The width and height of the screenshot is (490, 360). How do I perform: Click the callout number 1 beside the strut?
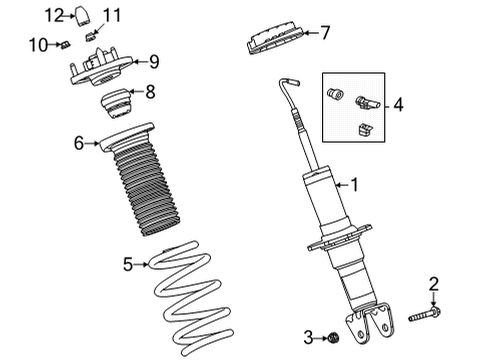click(x=354, y=184)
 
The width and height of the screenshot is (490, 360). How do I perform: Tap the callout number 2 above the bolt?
click(x=434, y=285)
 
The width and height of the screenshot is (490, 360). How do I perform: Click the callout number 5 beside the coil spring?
click(x=128, y=264)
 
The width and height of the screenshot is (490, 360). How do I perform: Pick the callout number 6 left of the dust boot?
click(x=79, y=144)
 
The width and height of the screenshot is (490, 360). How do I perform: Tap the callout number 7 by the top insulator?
click(x=324, y=33)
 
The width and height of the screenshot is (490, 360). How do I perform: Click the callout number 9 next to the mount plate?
click(x=153, y=62)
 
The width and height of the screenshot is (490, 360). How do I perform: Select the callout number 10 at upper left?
click(x=37, y=44)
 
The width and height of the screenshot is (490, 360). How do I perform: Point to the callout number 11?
click(x=112, y=14)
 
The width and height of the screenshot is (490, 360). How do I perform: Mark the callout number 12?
click(x=56, y=14)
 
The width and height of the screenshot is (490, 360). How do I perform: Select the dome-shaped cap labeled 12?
click(x=84, y=15)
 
